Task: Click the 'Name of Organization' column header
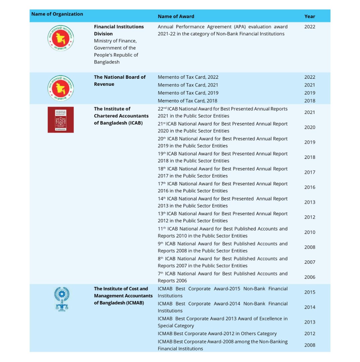[x=57, y=14]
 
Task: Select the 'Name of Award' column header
[x=176, y=16]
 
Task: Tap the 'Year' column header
[x=309, y=16]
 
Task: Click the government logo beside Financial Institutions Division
[x=60, y=38]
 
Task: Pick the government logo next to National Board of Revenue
[x=60, y=88]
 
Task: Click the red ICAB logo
[x=60, y=120]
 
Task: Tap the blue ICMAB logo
[x=62, y=299]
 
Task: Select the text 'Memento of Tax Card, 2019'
[x=188, y=93]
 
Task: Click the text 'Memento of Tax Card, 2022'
[x=188, y=77]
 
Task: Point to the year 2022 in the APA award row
[x=309, y=27]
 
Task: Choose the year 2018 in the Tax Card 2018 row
[x=309, y=101]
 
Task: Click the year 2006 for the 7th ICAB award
[x=309, y=277]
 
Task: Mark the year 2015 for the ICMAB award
[x=309, y=292]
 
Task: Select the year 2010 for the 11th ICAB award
[x=309, y=232]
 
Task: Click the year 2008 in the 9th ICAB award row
[x=309, y=247]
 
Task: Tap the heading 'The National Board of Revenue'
[x=119, y=80]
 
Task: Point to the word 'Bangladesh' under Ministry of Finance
[x=107, y=62]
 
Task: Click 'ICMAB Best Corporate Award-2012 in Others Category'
[x=217, y=334]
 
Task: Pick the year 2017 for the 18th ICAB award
[x=309, y=172]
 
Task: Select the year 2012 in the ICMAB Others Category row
[x=309, y=334]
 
